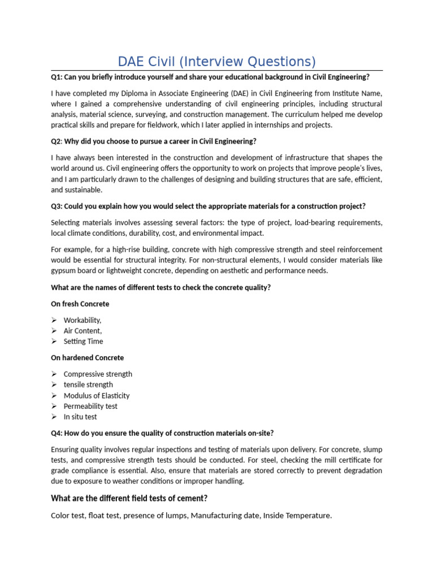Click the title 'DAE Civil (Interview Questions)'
coord(216,61)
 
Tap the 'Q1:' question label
coord(58,77)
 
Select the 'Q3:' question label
coord(58,206)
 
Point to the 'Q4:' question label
coord(58,433)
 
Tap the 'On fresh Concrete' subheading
coord(80,304)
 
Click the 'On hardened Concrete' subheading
coord(87,358)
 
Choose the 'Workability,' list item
coord(83,320)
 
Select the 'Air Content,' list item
coord(83,331)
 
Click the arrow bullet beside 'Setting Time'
coord(54,342)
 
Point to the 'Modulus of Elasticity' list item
coord(97,396)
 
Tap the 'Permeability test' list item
coord(90,406)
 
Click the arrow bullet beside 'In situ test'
coord(54,417)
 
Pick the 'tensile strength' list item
coord(88,384)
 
